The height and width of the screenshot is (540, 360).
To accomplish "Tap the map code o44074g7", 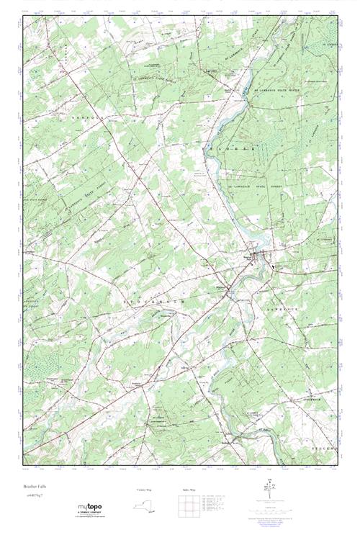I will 35,498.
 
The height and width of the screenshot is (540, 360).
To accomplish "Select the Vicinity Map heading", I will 145,489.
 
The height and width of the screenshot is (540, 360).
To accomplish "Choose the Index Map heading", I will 186,489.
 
